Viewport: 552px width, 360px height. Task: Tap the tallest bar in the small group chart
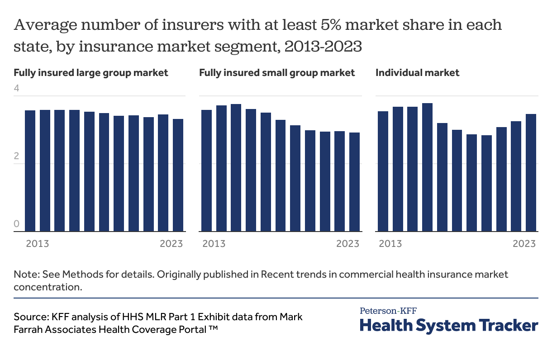[x=236, y=168]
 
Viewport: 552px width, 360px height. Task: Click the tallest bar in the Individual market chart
[x=427, y=167]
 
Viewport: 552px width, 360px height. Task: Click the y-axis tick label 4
[x=17, y=88]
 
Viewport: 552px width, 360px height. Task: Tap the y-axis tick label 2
[x=17, y=156]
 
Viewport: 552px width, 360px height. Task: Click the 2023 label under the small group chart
[x=347, y=244]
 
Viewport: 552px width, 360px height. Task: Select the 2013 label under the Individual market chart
[x=390, y=244]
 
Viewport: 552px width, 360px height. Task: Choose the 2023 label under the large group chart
[x=171, y=244]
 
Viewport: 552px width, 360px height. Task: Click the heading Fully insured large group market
[x=91, y=72]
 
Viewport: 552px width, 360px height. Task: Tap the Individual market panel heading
[x=417, y=72]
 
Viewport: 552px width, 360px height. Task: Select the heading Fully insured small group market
[x=277, y=72]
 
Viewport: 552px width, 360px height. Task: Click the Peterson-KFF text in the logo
[x=388, y=311]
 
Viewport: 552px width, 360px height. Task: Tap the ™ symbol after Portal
[x=214, y=329]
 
